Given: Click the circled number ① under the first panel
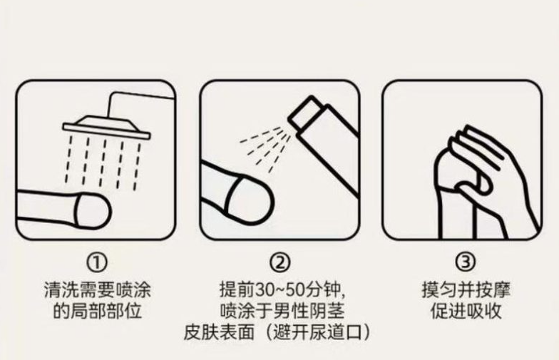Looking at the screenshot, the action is coord(97,262).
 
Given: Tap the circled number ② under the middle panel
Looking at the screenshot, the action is coord(279,262).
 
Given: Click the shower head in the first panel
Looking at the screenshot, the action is coord(107,127).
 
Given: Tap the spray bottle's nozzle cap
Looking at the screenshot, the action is coord(306,113).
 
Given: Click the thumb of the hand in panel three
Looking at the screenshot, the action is coord(476,184).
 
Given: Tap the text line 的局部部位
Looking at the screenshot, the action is coord(97,311).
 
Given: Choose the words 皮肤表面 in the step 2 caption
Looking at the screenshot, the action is coord(219,332).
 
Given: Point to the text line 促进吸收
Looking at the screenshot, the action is coord(466,311).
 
